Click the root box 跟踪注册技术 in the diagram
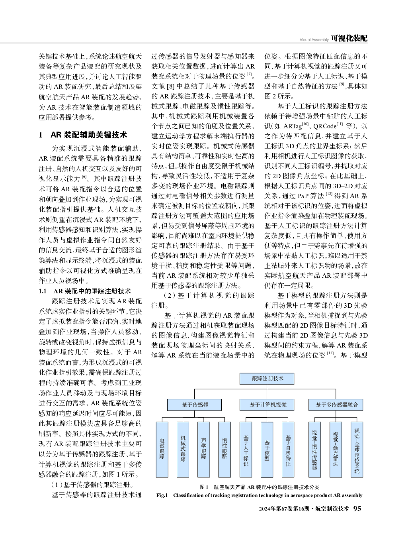[267, 378]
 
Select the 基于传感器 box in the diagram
[195, 405]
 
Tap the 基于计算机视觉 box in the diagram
[267, 405]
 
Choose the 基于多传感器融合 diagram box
[336, 405]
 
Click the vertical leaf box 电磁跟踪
[162, 449]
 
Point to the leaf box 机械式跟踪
[183, 449]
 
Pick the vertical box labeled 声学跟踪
[204, 449]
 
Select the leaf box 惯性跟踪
[224, 449]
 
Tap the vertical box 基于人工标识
[246, 449]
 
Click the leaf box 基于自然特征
[288, 449]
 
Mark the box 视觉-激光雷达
[336, 449]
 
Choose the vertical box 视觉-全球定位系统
[357, 449]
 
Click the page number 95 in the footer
[357, 508]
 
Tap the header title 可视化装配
[349, 38]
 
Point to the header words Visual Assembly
[314, 39]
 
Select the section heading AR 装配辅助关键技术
[89, 135]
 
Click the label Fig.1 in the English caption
[162, 495]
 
